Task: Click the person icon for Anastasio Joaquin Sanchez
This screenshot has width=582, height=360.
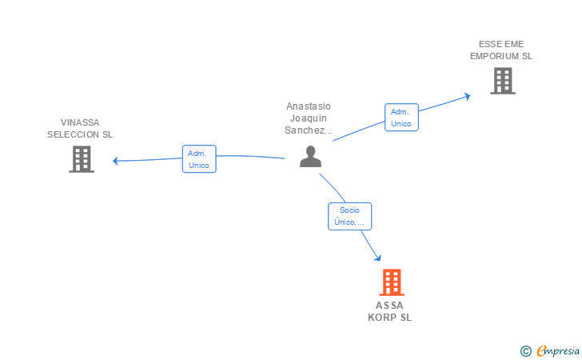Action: click(310, 157)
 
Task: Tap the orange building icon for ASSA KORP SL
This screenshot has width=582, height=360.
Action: click(392, 282)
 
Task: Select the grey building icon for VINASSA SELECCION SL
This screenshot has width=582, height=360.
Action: click(82, 159)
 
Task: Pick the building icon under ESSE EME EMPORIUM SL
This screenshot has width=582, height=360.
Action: click(503, 81)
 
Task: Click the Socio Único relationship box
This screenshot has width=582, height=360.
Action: click(349, 216)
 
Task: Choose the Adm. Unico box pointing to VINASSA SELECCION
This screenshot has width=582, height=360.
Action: click(199, 159)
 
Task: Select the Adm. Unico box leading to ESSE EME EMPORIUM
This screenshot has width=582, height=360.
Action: click(401, 118)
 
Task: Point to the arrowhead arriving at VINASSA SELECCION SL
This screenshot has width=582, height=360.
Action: click(115, 161)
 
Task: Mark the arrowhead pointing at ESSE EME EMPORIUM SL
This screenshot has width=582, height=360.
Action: click(468, 97)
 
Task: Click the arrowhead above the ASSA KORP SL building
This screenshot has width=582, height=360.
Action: click(378, 258)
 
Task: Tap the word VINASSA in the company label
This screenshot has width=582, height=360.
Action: click(80, 122)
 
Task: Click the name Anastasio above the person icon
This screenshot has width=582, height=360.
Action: click(308, 106)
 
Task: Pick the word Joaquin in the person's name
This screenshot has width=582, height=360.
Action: click(308, 118)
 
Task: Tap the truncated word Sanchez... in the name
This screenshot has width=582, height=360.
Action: click(308, 130)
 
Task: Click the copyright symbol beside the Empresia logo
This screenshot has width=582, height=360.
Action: click(525, 351)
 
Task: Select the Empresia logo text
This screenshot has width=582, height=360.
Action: click(558, 350)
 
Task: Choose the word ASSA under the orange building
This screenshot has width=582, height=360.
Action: click(389, 306)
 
